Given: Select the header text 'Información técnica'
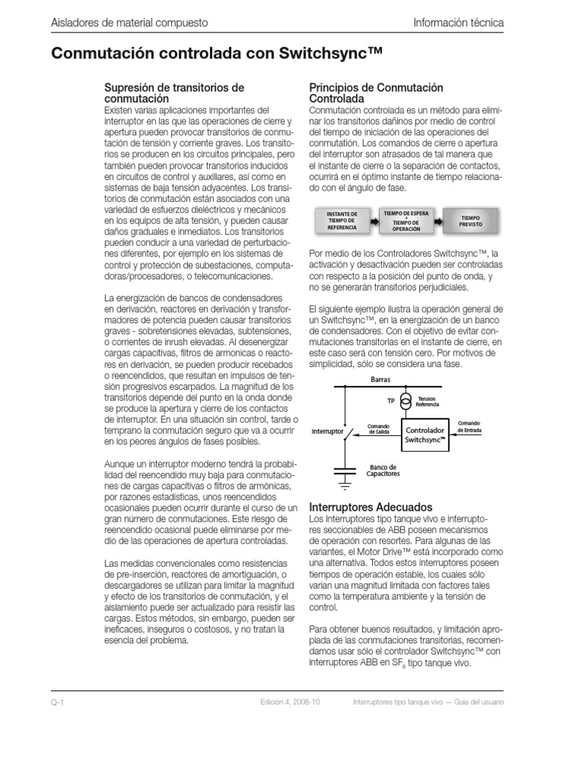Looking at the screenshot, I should [x=458, y=23].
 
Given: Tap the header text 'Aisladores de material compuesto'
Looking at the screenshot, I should [x=129, y=23].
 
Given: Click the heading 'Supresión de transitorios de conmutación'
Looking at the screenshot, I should [x=174, y=93].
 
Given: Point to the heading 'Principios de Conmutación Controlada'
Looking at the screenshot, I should [x=377, y=93].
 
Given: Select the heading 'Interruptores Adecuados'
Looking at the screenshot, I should [x=371, y=506].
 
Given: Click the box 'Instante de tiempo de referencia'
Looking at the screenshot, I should [x=341, y=220].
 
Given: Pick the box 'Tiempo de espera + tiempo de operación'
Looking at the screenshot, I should [x=406, y=220].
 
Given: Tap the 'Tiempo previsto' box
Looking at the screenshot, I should [x=471, y=220].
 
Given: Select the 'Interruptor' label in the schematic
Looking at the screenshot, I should [x=327, y=432].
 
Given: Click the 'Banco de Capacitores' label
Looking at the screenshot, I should [x=383, y=471].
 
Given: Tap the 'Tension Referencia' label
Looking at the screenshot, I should [x=427, y=401].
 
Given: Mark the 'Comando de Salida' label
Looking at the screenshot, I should [x=378, y=428].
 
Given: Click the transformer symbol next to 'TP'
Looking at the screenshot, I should [x=406, y=400].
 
